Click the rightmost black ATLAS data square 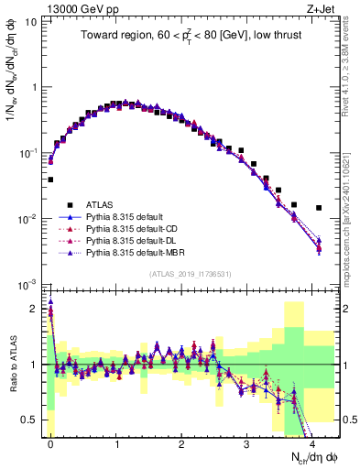(319, 208)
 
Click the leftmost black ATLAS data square (50, 180)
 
